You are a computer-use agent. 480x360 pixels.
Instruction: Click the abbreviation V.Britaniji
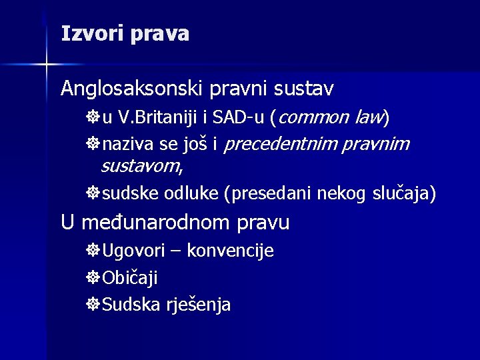click(x=157, y=119)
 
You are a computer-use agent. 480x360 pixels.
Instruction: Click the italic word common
click(x=313, y=118)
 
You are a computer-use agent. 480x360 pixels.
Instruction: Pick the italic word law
click(x=369, y=118)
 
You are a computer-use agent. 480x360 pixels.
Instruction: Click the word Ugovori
click(x=141, y=251)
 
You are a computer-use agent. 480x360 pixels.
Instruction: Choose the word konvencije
click(x=230, y=251)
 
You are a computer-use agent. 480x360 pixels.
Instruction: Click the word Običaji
click(x=131, y=278)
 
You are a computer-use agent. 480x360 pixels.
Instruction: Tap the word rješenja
click(x=199, y=305)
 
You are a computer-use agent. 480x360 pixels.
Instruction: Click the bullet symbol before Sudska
click(x=93, y=305)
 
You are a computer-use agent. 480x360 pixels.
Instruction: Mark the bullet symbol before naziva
click(x=93, y=145)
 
